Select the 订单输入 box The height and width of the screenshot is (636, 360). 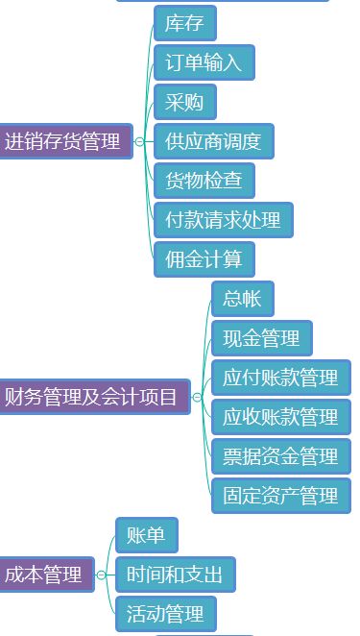(x=204, y=62)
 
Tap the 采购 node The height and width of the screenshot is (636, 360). (x=184, y=102)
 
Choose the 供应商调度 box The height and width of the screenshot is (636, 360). (x=213, y=141)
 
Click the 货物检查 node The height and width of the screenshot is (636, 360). (x=204, y=181)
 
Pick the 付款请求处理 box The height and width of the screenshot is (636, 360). (x=223, y=220)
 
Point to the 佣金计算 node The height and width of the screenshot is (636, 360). (x=204, y=258)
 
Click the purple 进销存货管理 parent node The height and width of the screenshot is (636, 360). (x=64, y=142)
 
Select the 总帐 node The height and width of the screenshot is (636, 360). (x=242, y=299)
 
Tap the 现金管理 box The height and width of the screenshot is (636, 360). (x=261, y=338)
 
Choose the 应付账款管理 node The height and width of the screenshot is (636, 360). (x=280, y=378)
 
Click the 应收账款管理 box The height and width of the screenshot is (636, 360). (x=280, y=417)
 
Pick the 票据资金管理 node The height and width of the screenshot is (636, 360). (x=280, y=456)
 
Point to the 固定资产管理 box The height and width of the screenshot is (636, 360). (x=280, y=496)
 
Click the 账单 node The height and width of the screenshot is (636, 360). (x=146, y=535)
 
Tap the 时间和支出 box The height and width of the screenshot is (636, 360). (x=175, y=575)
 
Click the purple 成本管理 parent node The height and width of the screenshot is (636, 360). (x=45, y=575)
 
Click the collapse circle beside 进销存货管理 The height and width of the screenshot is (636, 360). (x=140, y=142)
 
